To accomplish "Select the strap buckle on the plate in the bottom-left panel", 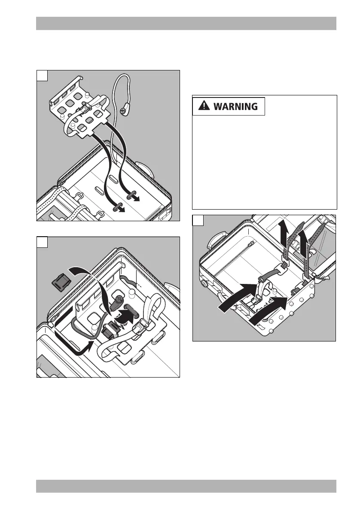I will pos(141,331).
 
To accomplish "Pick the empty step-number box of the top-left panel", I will pos(42,76).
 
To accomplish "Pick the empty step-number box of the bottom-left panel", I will pos(42,242).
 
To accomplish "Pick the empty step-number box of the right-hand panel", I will pos(198,221).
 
